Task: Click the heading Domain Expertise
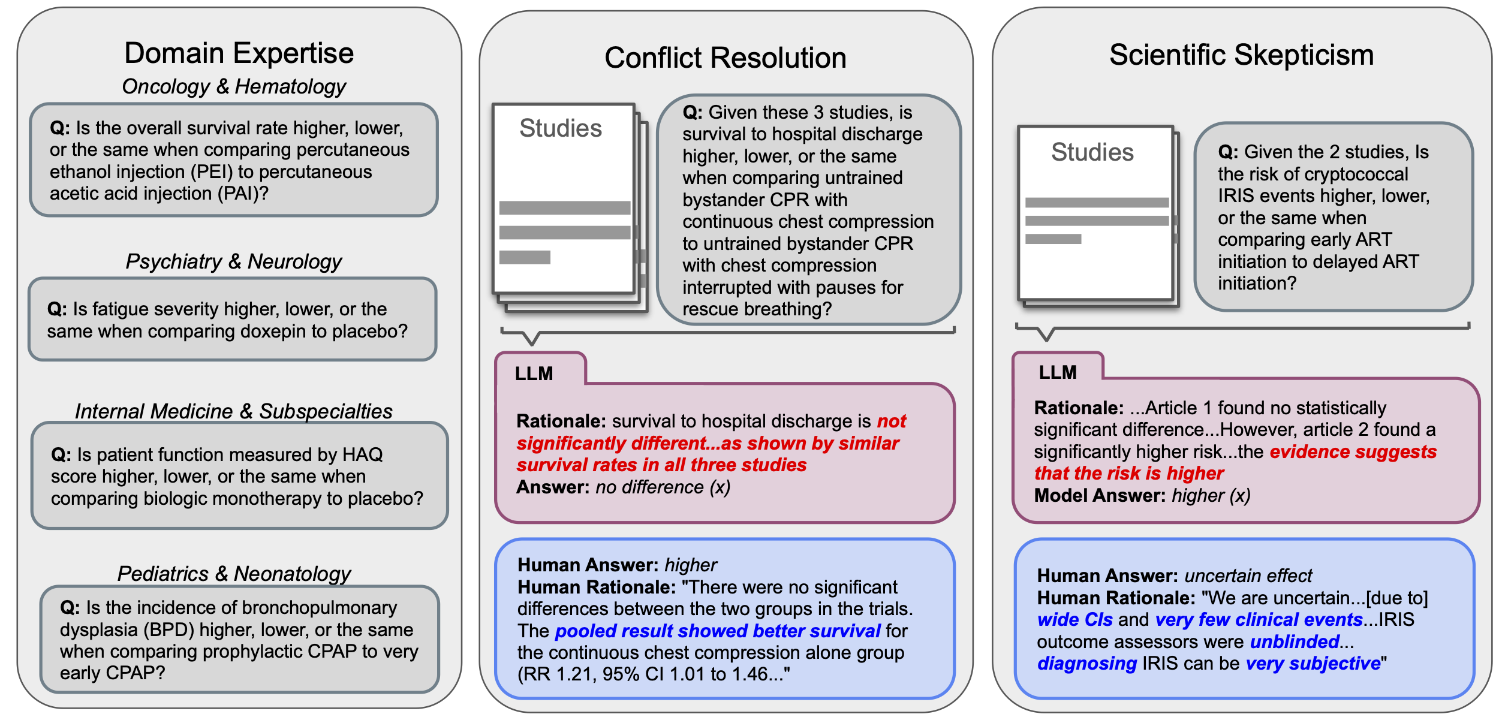click(x=239, y=53)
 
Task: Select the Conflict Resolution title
click(x=725, y=58)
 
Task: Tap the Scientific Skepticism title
click(x=1241, y=55)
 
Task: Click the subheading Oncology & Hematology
click(x=234, y=86)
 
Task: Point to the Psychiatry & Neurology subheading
click(x=233, y=261)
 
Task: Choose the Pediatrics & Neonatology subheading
click(x=234, y=574)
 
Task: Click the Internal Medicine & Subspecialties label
click(x=233, y=411)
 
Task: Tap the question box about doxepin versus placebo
click(x=233, y=320)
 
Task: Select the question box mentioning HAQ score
click(x=239, y=476)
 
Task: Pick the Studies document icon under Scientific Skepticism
click(x=1095, y=213)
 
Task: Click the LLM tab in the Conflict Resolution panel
click(x=534, y=373)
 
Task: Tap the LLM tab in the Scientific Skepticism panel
click(x=1058, y=372)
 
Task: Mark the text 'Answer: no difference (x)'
click(x=623, y=487)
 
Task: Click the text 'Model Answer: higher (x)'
click(x=1142, y=496)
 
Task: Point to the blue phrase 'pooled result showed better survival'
click(x=717, y=631)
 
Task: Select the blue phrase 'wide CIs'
click(x=1074, y=620)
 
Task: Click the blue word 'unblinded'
click(x=1295, y=642)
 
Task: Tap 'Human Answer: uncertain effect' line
click(x=1174, y=576)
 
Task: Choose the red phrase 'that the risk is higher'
click(x=1128, y=474)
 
